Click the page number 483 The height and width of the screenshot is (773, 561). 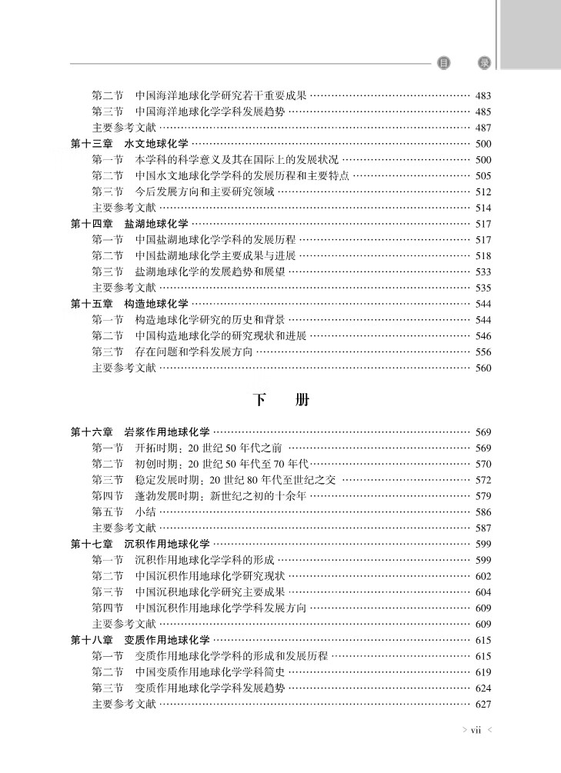click(483, 96)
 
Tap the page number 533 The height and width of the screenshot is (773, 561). click(483, 272)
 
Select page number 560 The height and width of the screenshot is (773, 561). click(483, 368)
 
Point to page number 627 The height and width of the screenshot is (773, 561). click(483, 704)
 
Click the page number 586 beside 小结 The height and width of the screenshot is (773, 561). click(483, 512)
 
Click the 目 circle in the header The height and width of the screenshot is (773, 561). click(443, 63)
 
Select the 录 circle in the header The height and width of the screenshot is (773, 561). click(484, 63)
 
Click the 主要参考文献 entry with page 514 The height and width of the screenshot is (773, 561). click(124, 208)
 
